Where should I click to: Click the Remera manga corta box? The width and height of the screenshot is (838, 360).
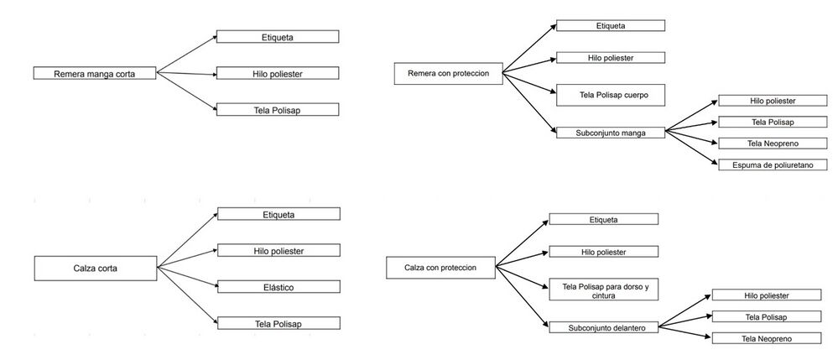click(x=95, y=73)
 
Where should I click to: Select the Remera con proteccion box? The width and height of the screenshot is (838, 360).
click(x=449, y=73)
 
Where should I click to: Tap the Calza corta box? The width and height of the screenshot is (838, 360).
click(x=96, y=268)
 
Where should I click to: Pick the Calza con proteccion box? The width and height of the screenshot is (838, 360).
click(x=441, y=268)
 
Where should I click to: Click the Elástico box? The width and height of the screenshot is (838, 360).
click(x=278, y=287)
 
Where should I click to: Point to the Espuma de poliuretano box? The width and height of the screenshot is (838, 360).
click(x=773, y=164)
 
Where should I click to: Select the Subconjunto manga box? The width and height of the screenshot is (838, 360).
click(x=611, y=133)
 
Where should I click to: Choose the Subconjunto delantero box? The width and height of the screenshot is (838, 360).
click(x=604, y=327)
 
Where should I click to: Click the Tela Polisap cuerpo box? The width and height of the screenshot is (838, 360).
click(x=611, y=95)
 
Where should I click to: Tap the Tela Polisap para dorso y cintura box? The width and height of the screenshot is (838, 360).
click(x=604, y=290)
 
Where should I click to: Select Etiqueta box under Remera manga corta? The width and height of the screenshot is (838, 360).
click(x=278, y=36)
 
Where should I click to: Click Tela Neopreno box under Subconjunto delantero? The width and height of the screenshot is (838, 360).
click(x=767, y=338)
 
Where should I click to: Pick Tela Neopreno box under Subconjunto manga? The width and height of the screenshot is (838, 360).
click(x=773, y=143)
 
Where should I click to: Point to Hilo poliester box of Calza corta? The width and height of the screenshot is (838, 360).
click(x=278, y=250)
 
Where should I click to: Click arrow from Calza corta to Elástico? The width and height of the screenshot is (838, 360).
click(x=187, y=277)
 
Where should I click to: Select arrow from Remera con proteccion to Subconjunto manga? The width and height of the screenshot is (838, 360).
click(x=529, y=102)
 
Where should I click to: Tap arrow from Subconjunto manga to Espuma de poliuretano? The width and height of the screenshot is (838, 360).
click(x=691, y=148)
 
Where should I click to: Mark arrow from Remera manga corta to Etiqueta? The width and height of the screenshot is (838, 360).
click(x=186, y=54)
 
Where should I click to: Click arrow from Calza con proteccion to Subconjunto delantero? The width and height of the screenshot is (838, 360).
click(x=522, y=296)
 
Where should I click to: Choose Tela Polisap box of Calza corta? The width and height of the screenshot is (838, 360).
click(x=278, y=323)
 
